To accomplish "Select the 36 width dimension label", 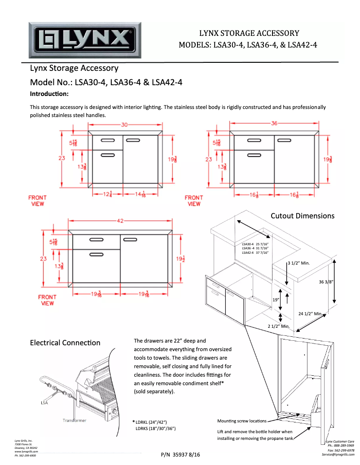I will (x=274, y=123).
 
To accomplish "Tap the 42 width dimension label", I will (x=120, y=221).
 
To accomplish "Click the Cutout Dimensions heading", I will (x=302, y=216).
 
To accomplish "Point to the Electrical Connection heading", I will (x=65, y=343).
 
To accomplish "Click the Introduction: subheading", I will (x=49, y=94).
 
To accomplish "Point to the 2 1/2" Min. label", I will (x=278, y=326).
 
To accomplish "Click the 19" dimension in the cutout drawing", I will (x=276, y=300).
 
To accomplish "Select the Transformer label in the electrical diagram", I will (x=74, y=421).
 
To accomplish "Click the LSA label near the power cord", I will (x=44, y=403).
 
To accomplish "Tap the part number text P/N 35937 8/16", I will (x=180, y=455).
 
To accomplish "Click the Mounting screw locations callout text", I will (x=241, y=421).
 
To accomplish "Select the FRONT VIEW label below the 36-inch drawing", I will (x=194, y=200).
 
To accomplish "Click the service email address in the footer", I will (x=338, y=455).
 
